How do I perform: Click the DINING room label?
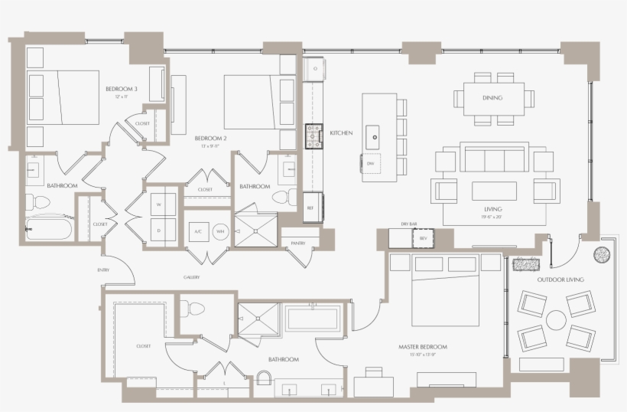tap(492, 98)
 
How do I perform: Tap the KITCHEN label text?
tap(341, 133)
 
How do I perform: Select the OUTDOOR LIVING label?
tap(560, 280)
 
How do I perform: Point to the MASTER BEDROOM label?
tap(423, 347)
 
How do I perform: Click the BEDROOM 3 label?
tap(121, 90)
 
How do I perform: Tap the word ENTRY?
tap(102, 270)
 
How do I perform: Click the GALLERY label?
tap(191, 277)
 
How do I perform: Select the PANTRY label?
tap(298, 243)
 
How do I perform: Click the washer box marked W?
tap(160, 205)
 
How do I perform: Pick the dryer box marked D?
tap(160, 231)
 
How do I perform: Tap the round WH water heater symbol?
tap(219, 231)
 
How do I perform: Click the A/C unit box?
tap(197, 231)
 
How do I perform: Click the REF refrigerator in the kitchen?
tap(311, 207)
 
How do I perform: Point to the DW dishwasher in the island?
tap(370, 164)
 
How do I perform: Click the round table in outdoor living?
tap(556, 316)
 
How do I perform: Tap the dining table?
tap(493, 99)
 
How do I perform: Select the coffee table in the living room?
tap(493, 190)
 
